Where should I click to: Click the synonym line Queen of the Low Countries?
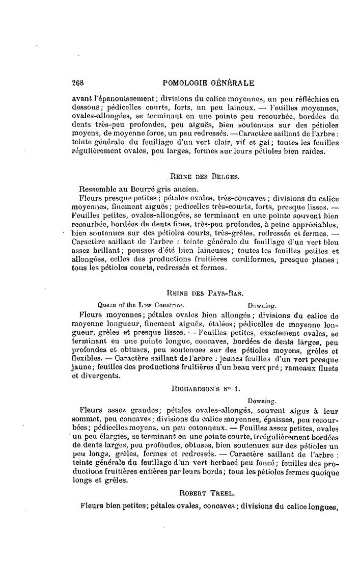click(x=144, y=305)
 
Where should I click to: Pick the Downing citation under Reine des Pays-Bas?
click(x=262, y=306)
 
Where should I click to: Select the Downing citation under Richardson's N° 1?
click(x=262, y=401)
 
